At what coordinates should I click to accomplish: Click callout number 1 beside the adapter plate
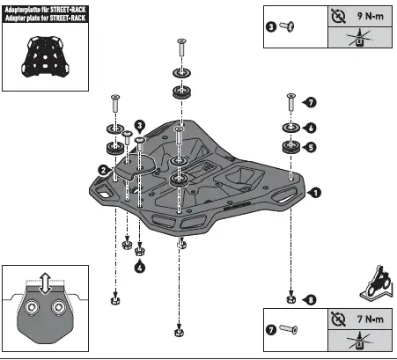click(316, 189)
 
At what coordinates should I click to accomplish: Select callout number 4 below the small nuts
click(139, 268)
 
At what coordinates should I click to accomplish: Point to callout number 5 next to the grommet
click(311, 148)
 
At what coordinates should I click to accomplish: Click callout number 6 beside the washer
click(311, 127)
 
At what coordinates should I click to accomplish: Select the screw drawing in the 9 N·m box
click(287, 27)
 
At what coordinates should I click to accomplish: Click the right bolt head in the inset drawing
click(59, 309)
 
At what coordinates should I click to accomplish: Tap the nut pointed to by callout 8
click(291, 301)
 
